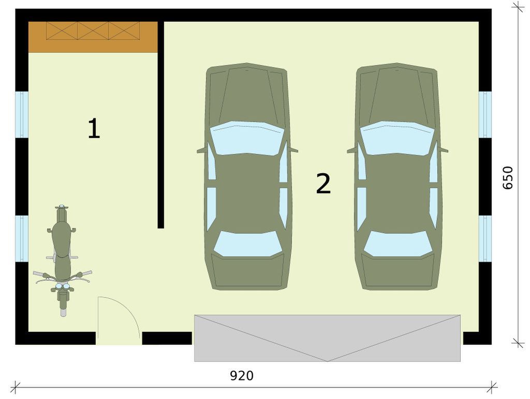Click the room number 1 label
click(x=93, y=129)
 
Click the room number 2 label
click(x=323, y=184)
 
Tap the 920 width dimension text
click(x=242, y=376)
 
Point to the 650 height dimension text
click(x=508, y=177)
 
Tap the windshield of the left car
click(x=247, y=138)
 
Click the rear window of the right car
click(x=398, y=244)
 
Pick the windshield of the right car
click(x=397, y=138)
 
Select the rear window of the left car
click(x=248, y=244)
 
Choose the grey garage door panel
click(x=327, y=337)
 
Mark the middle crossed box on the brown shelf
click(x=93, y=31)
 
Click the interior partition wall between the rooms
click(x=161, y=124)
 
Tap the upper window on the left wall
click(x=22, y=115)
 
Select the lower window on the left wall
click(x=22, y=239)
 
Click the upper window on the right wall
click(x=485, y=115)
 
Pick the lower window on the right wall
click(x=485, y=239)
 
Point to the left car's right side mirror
click(x=293, y=150)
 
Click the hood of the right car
click(x=397, y=96)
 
